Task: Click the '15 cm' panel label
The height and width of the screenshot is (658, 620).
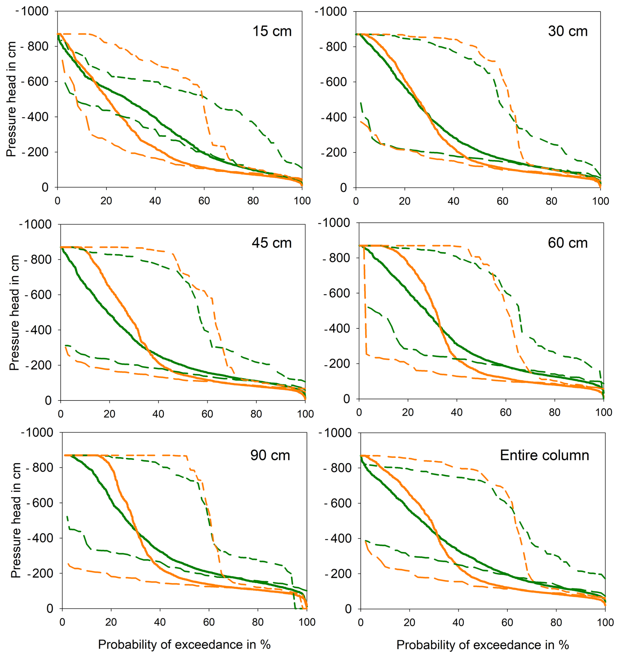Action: [x=272, y=31]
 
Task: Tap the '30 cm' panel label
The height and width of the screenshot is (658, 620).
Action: [x=568, y=31]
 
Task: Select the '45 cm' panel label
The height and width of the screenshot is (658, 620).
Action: [x=271, y=243]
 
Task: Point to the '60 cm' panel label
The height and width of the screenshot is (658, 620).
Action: [x=568, y=243]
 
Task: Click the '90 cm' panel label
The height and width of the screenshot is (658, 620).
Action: [x=270, y=455]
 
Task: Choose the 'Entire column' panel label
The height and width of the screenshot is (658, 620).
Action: [x=544, y=455]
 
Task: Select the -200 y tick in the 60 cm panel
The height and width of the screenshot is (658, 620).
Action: [x=336, y=363]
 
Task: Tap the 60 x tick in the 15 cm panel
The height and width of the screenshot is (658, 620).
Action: [x=204, y=201]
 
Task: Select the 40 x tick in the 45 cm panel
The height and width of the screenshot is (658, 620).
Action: [x=158, y=414]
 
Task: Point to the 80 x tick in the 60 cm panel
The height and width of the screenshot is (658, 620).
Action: [x=554, y=412]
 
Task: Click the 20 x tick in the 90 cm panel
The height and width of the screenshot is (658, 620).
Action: [x=111, y=622]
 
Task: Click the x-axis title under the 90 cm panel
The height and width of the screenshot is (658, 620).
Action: [x=184, y=645]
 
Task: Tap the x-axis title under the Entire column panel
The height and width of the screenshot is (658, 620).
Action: [x=482, y=645]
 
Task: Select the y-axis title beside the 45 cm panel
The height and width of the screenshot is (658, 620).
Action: [x=14, y=313]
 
